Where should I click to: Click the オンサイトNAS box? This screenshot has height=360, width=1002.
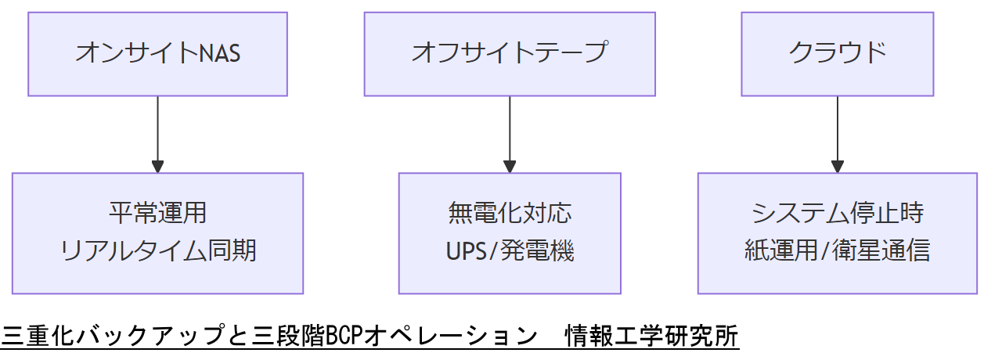(157, 53)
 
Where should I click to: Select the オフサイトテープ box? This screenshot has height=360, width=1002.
(510, 53)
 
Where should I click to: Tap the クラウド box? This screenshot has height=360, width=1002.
(837, 53)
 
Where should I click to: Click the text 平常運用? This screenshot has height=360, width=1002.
(157, 213)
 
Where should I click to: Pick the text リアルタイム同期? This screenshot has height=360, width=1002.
(157, 251)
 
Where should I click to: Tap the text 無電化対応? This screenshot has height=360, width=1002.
(510, 213)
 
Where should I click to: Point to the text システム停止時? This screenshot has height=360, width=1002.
(837, 213)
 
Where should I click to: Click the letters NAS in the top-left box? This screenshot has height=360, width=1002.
(220, 53)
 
